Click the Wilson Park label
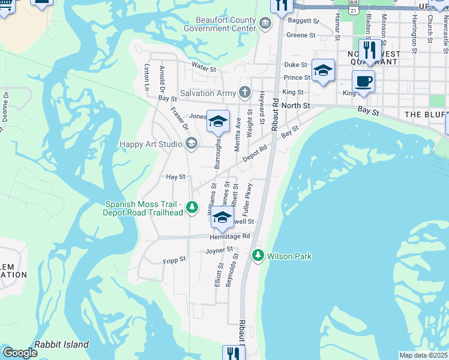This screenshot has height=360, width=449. (289, 256)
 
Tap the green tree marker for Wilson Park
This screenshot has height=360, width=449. (258, 256)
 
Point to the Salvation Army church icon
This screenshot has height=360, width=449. (244, 92)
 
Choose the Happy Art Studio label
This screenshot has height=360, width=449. (151, 143)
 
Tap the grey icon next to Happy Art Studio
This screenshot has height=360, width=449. (191, 143)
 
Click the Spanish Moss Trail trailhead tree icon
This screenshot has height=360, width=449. (191, 208)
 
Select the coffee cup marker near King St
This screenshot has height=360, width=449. (363, 82)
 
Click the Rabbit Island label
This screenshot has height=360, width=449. (61, 344)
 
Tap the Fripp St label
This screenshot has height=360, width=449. (174, 260)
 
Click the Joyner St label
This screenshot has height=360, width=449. (219, 250)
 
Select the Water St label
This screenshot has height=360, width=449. (203, 69)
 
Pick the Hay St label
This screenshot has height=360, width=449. (175, 177)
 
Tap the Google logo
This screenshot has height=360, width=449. (20, 353)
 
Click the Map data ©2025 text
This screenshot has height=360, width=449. (423, 355)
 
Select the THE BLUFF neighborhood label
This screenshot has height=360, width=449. (426, 114)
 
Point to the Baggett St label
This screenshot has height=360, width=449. (303, 20)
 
